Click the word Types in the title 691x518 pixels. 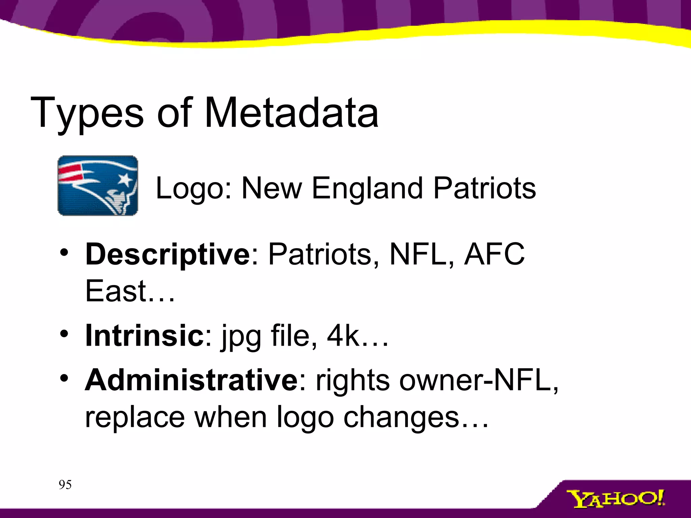coord(87,113)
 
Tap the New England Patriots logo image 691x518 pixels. coord(98,185)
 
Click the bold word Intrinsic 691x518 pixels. coord(144,335)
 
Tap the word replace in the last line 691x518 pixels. coord(135,418)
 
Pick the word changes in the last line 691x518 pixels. coord(401,418)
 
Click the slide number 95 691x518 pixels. coord(65,485)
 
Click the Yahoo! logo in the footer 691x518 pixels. coord(615,499)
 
